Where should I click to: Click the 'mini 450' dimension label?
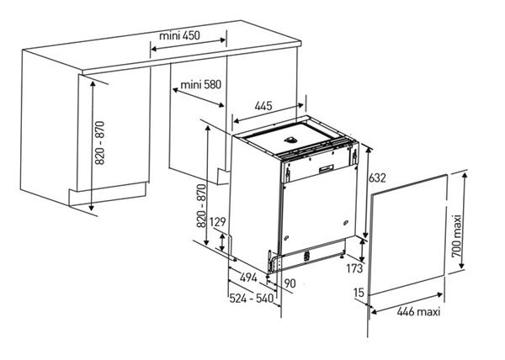click(x=180, y=35)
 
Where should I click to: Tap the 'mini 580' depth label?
click(x=201, y=85)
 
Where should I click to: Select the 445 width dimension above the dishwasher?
click(x=263, y=105)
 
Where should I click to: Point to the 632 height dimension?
click(x=377, y=177)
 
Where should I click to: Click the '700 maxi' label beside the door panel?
click(x=457, y=236)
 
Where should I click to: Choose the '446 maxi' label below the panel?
click(x=418, y=311)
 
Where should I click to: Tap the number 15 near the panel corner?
click(x=359, y=293)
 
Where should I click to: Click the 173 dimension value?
click(x=354, y=268)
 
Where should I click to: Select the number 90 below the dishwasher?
click(x=290, y=283)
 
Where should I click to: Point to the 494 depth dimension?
click(x=248, y=278)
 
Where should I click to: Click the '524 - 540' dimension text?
click(x=252, y=299)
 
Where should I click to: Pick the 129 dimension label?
click(x=218, y=222)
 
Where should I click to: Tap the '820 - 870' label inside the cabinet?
click(x=100, y=143)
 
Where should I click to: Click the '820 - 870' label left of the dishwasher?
click(x=201, y=205)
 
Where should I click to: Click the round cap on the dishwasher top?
click(x=290, y=140)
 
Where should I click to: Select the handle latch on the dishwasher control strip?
click(x=327, y=168)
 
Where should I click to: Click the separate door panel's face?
click(x=407, y=235)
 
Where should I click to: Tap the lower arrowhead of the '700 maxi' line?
click(x=462, y=265)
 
